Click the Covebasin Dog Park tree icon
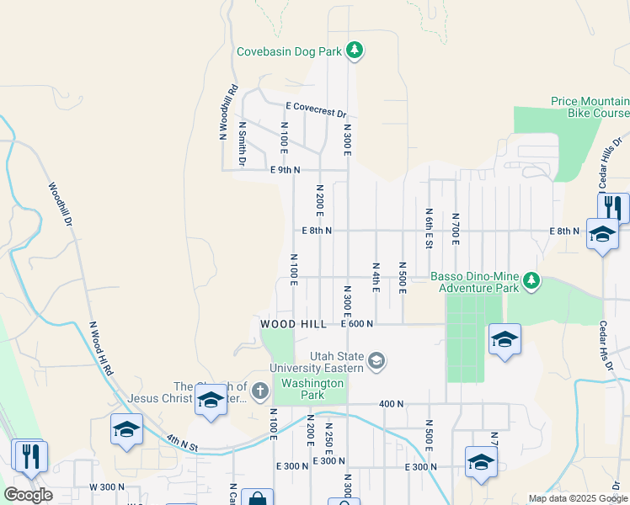355,51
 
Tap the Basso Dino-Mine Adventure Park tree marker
531,281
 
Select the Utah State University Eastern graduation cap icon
376,362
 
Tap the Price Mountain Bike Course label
590,106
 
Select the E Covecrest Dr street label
316,109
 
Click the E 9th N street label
286,170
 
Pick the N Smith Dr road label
242,143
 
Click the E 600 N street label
356,323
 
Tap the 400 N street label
392,404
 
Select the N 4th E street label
376,277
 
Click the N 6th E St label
429,229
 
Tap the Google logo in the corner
28,494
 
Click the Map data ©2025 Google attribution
578,498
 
